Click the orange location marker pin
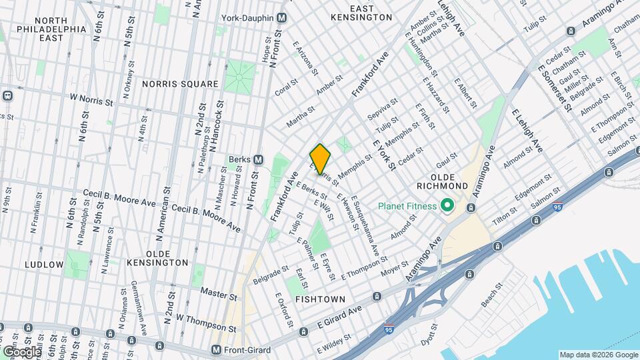pos(320,159)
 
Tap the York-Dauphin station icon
pos(282,17)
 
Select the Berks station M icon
pos(258,159)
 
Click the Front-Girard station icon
pos(216,349)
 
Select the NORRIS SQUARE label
pos(180,84)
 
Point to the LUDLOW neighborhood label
pos(44,265)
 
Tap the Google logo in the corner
pos(21,351)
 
